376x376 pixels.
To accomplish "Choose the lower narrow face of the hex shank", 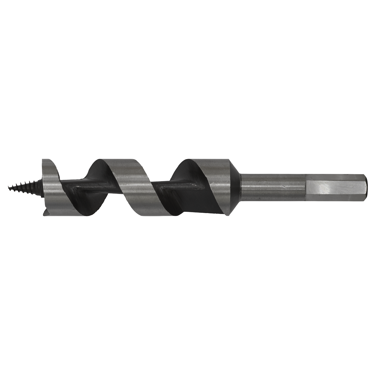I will tap(332, 201).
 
